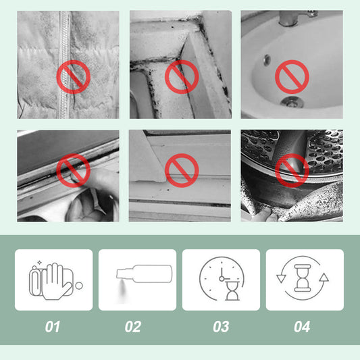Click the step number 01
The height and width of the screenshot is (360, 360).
(x=53, y=326)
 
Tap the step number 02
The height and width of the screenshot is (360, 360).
(x=133, y=326)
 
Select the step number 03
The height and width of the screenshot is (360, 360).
(x=221, y=326)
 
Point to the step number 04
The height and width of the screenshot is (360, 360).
(x=302, y=326)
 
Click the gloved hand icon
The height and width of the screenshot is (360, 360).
(x=56, y=282)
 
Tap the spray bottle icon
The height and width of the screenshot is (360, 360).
(x=144, y=274)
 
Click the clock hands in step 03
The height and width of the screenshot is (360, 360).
(x=223, y=275)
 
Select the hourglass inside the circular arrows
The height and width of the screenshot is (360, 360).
(x=303, y=278)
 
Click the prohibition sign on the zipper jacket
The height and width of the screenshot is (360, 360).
(x=73, y=77)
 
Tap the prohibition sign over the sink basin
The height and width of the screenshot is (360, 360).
(x=292, y=77)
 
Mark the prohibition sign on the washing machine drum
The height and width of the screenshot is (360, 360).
(x=292, y=171)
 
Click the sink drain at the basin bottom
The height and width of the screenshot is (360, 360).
(x=292, y=102)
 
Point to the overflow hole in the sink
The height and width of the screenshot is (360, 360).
(x=267, y=60)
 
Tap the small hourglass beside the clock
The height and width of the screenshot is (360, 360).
(x=232, y=291)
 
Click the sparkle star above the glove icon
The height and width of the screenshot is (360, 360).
(x=39, y=263)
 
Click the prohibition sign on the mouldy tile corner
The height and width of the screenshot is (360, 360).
(x=182, y=77)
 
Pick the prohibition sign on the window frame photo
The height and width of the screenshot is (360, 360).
(x=182, y=171)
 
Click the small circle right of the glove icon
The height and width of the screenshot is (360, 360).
(x=79, y=286)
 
